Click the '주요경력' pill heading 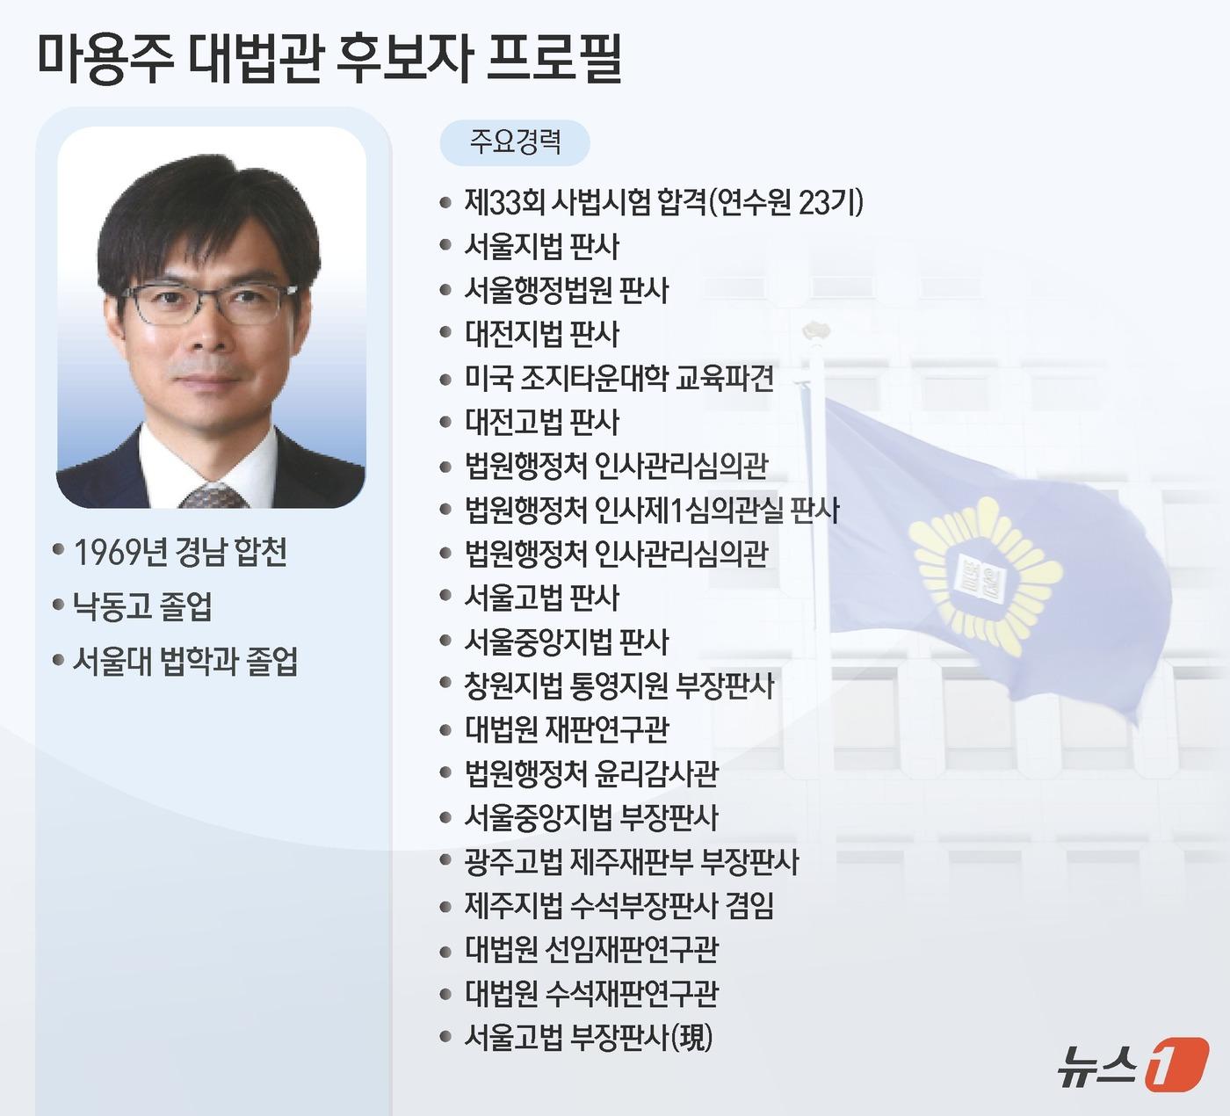click(x=515, y=142)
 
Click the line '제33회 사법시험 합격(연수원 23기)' click(x=663, y=203)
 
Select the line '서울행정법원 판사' click(x=566, y=290)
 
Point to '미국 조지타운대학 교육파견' click(x=619, y=378)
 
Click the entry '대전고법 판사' click(x=541, y=422)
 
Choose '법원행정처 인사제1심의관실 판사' click(x=651, y=510)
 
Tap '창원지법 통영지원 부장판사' click(x=619, y=685)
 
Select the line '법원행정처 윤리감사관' click(x=591, y=773)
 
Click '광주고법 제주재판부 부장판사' click(x=631, y=861)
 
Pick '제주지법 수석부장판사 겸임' click(x=619, y=905)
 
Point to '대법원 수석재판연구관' click(x=591, y=993)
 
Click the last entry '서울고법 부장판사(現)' click(x=588, y=1038)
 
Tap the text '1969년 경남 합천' click(x=180, y=553)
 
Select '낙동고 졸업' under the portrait click(x=142, y=606)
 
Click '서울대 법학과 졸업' click(x=185, y=661)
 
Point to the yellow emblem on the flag click(x=982, y=577)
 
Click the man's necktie click(x=213, y=496)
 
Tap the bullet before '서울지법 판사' click(x=445, y=246)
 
